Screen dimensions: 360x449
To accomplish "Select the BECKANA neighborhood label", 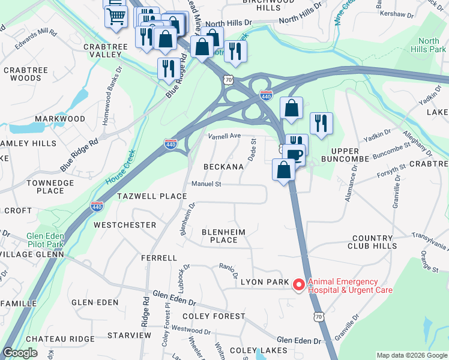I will coord(223,166).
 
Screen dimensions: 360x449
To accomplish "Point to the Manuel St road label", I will coord(206,184).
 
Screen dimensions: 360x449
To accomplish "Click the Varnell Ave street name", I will coord(224,136).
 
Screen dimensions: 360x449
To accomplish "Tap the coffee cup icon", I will coord(294,155).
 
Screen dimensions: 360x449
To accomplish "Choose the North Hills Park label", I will coord(428,45).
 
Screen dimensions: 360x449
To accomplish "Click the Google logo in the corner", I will coord(20,353).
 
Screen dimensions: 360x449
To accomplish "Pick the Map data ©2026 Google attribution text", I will coord(411,355).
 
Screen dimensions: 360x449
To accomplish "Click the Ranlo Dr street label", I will coord(228,268).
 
